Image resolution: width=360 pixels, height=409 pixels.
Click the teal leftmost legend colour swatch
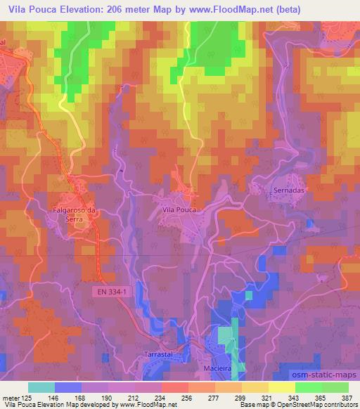[41, 387]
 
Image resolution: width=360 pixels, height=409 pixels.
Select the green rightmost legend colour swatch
[335, 387]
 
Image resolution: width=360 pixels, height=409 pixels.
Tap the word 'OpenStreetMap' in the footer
[307, 405]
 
